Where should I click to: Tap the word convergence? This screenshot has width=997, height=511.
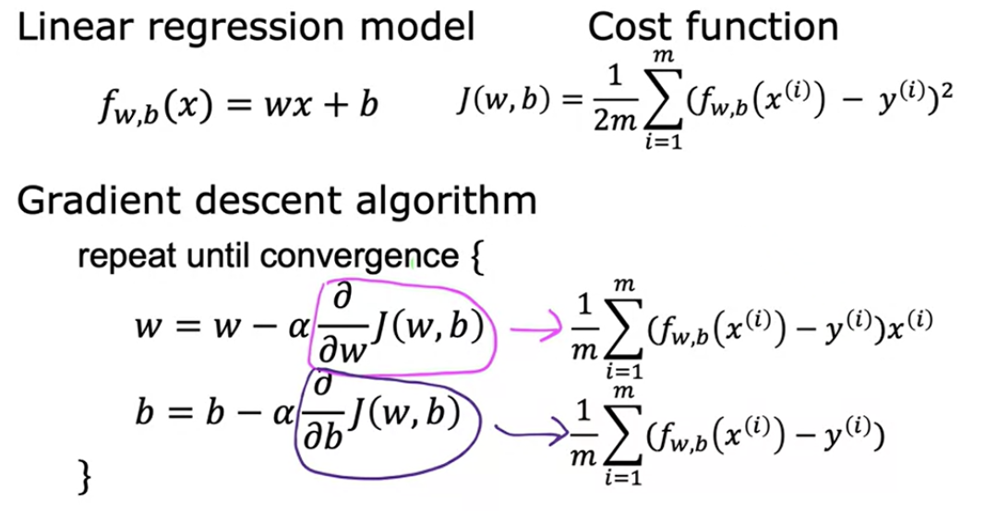click(359, 257)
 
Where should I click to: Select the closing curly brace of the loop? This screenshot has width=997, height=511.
click(84, 478)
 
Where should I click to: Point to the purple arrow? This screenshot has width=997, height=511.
click(532, 434)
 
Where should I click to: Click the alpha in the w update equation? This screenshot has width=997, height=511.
click(298, 328)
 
